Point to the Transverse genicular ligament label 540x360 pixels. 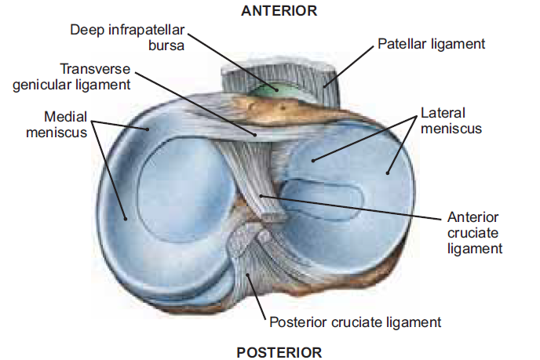pyautogui.click(x=71, y=77)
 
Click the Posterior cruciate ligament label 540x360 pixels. pyautogui.click(x=355, y=322)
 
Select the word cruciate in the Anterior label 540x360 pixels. pyautogui.click(x=473, y=232)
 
